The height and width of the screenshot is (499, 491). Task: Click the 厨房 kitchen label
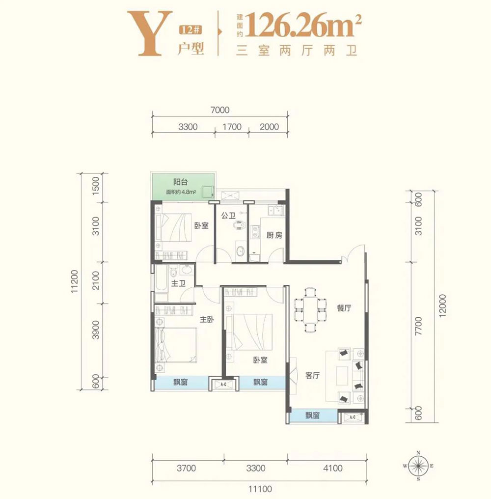pyautogui.click(x=275, y=235)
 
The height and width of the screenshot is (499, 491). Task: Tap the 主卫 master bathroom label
pyautogui.click(x=178, y=284)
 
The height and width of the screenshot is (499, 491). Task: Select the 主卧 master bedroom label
pyautogui.click(x=207, y=319)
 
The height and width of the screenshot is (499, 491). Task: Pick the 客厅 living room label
pyautogui.click(x=313, y=376)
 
